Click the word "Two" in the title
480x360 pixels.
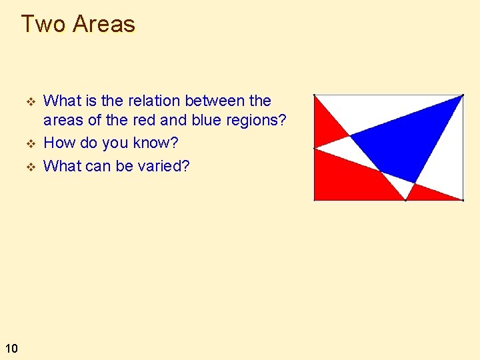coord(44,24)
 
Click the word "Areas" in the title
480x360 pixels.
coord(104,24)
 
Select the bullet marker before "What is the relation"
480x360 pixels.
coord(29,101)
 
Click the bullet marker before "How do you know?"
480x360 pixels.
coord(29,144)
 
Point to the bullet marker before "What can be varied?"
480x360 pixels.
coord(29,166)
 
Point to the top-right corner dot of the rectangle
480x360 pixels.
coord(461,95)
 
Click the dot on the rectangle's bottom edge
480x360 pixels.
coord(405,199)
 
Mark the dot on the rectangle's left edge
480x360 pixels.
coord(315,148)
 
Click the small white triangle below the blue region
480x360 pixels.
coord(400,184)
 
